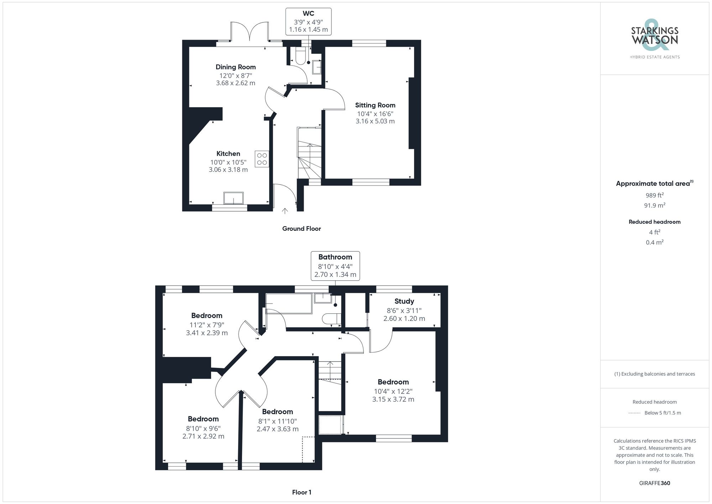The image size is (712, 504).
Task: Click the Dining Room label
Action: (x=235, y=67)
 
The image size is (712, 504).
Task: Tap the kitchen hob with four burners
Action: (x=262, y=159)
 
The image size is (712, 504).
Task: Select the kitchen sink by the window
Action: (x=233, y=198)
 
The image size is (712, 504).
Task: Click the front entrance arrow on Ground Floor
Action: (x=285, y=211)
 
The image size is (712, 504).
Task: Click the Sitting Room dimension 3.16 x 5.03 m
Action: (x=375, y=121)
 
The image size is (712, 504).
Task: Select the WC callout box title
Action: (x=308, y=14)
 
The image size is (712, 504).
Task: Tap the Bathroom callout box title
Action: (x=335, y=257)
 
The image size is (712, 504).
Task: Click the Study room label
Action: (x=404, y=301)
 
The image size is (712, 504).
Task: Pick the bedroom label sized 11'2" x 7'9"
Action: (x=206, y=316)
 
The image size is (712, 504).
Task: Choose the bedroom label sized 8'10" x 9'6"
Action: (x=203, y=419)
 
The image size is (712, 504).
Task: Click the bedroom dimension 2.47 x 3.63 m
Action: (x=277, y=429)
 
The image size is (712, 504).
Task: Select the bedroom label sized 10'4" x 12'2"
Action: (x=393, y=382)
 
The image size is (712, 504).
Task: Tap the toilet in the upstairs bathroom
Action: (x=331, y=318)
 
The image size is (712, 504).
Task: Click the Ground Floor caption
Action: (x=301, y=229)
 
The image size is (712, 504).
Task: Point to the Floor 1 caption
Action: (x=302, y=492)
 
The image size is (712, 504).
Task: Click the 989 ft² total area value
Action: (x=654, y=195)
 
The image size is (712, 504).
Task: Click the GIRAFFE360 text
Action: (x=654, y=483)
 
